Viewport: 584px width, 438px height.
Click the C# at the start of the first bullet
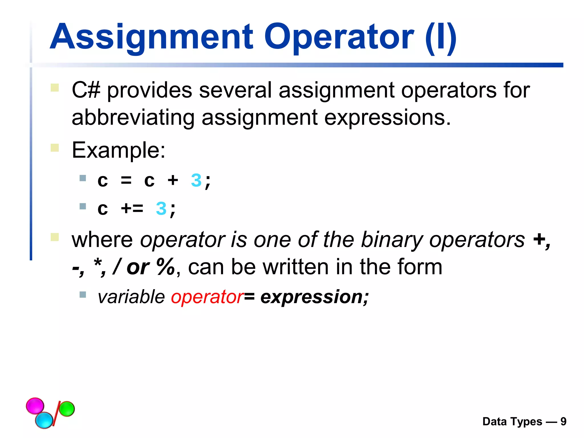coord(86,90)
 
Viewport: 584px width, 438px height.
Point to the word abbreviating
coord(133,117)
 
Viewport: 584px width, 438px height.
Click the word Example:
coord(118,150)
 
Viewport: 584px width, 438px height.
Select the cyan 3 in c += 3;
coord(161,208)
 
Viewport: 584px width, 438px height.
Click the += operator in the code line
coord(132,208)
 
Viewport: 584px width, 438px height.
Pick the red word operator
coord(207,297)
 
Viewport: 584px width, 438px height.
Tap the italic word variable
coord(131,297)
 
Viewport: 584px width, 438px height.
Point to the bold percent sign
coord(165,267)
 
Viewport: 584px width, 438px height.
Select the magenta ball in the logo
coord(35,405)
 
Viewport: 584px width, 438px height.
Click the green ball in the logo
coord(67,409)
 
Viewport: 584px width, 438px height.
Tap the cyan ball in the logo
coord(44,420)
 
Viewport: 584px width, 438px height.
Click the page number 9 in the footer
coord(563,421)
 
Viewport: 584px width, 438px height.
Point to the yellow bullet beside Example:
coord(55,148)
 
